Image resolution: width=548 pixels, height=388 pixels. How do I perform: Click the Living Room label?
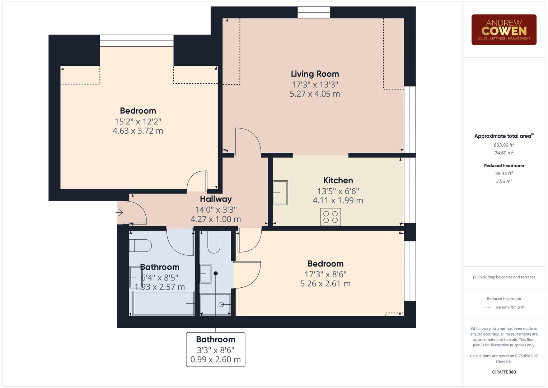315,74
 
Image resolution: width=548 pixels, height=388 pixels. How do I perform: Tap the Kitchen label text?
338,180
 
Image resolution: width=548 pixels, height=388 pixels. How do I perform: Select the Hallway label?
216,199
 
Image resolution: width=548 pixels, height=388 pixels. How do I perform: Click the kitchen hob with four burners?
330,217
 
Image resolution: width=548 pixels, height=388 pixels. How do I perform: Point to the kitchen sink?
280,193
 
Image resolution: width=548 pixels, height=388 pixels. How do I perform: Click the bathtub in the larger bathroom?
164,303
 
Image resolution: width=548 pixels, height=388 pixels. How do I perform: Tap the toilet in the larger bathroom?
140,246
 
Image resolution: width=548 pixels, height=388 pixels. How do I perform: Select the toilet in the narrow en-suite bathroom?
214,242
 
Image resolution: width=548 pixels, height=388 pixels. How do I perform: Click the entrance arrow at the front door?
119,213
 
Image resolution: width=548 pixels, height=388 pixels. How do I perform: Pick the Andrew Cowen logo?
504,30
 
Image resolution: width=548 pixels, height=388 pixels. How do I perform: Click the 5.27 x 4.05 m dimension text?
315,94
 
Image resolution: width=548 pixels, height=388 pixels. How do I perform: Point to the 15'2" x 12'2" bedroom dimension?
138,121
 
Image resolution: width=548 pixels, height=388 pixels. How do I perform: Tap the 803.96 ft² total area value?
504,145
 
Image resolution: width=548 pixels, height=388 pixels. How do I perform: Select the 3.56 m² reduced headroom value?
504,181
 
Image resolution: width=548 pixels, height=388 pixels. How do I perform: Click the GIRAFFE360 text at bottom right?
504,372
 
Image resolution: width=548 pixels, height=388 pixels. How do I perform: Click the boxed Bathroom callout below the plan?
215,349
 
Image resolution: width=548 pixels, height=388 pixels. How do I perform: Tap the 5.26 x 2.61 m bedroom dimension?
325,283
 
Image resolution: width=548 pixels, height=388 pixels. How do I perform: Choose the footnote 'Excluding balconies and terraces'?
504,277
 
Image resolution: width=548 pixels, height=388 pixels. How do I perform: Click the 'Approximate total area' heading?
503,136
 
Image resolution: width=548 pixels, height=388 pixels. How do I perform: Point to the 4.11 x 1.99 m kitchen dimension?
338,200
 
